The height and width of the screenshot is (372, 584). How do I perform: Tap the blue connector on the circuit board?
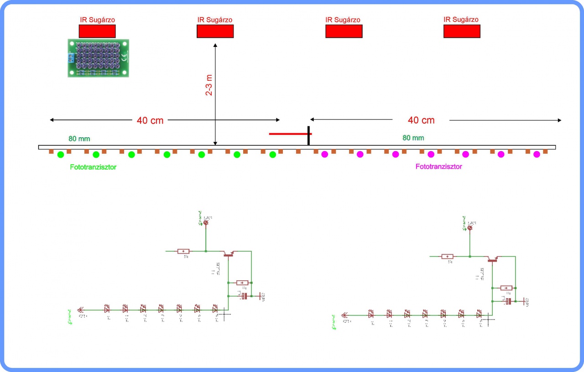point(70,58)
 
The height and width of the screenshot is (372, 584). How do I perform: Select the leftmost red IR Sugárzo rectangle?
point(97,31)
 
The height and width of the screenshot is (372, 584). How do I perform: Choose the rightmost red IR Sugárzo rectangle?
point(462,31)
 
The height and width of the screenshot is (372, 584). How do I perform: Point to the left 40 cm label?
point(150,120)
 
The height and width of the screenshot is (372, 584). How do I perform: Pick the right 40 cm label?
point(421,120)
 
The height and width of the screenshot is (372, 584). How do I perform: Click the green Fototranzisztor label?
point(93,167)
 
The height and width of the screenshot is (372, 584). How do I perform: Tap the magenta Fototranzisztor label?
point(438,167)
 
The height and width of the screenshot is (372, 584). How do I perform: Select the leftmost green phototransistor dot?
point(61,155)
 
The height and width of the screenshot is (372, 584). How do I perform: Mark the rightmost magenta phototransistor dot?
point(537,154)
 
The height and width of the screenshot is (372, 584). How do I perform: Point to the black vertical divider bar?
point(309,135)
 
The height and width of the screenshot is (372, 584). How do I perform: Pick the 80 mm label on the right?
point(413,138)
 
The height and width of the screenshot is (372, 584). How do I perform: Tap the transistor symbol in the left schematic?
point(228,253)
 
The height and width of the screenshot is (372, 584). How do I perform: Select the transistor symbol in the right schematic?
point(492,259)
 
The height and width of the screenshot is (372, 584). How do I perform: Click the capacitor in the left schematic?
point(244,296)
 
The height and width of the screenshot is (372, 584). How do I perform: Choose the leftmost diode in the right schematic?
point(370,314)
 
